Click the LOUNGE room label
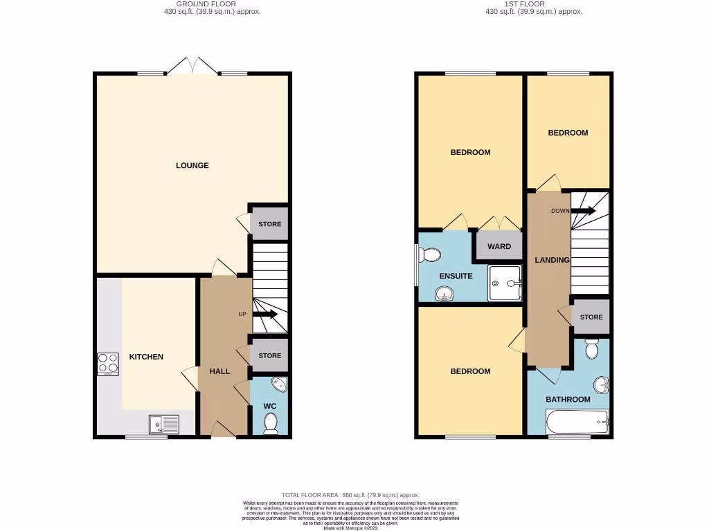192,165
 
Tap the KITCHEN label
146,357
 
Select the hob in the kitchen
107,364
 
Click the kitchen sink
163,423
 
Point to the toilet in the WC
270,422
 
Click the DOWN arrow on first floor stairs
583,211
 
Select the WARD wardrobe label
499,246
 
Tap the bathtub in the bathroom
577,421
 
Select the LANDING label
552,260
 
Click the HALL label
219,371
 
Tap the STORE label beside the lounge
269,224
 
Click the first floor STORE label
591,317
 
